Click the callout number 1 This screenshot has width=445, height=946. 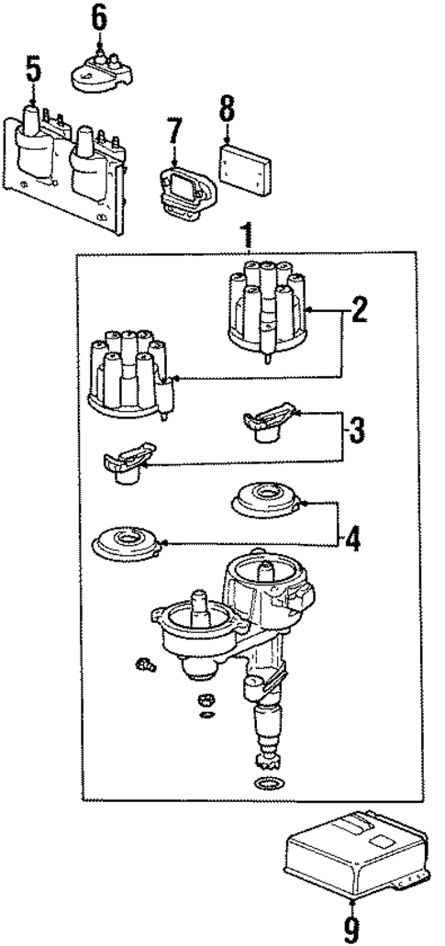point(245,236)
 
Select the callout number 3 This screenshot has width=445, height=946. point(357,428)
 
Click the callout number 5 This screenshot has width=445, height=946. point(33,68)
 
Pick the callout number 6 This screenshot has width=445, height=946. point(98,16)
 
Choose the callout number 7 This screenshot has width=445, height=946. point(175,131)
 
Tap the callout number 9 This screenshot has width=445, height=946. point(350,929)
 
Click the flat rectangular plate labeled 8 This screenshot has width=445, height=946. point(246,169)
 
